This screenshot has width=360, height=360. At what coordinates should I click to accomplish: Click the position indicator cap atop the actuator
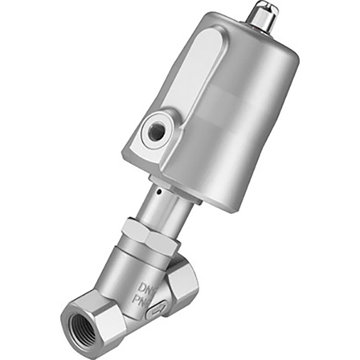pyautogui.click(x=263, y=13)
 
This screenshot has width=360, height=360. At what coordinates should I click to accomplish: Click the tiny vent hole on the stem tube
pyautogui.click(x=157, y=193)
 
